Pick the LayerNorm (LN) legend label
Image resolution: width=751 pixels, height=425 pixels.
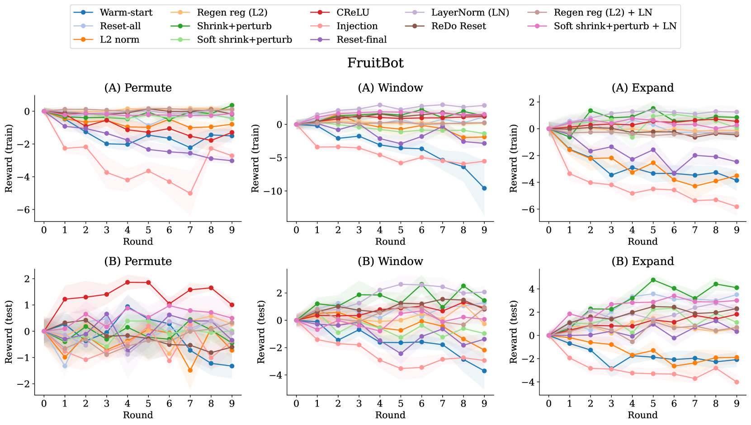470,13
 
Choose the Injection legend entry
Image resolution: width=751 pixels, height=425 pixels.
357,26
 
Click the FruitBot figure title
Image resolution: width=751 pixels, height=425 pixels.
375,63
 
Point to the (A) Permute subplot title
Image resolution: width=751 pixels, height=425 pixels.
138,88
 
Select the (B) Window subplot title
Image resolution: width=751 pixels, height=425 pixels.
390,261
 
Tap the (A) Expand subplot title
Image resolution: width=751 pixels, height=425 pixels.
642,88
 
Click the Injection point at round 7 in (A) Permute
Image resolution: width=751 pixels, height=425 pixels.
190,193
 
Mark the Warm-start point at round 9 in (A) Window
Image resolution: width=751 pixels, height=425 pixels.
484,188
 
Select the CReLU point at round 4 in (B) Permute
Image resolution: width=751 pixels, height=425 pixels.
128,282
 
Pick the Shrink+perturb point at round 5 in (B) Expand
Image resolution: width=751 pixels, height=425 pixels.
653,280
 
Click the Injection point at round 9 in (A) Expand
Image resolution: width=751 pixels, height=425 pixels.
737,207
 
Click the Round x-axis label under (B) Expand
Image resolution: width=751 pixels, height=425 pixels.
642,415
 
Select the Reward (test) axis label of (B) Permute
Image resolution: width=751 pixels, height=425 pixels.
9,332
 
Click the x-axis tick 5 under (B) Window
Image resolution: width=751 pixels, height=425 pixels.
401,404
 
